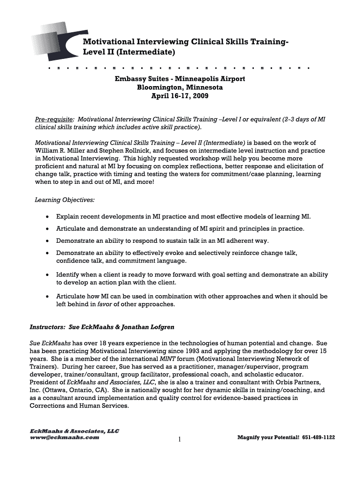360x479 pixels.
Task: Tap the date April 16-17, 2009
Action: click(180, 96)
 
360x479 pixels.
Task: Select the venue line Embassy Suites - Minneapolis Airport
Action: click(180, 79)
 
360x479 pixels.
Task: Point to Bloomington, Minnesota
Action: click(180, 87)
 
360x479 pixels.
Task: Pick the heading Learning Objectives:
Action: click(65, 200)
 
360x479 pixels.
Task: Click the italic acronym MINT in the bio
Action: click(162, 358)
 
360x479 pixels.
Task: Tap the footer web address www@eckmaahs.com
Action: click(65, 437)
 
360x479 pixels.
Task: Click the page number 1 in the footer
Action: click(180, 439)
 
